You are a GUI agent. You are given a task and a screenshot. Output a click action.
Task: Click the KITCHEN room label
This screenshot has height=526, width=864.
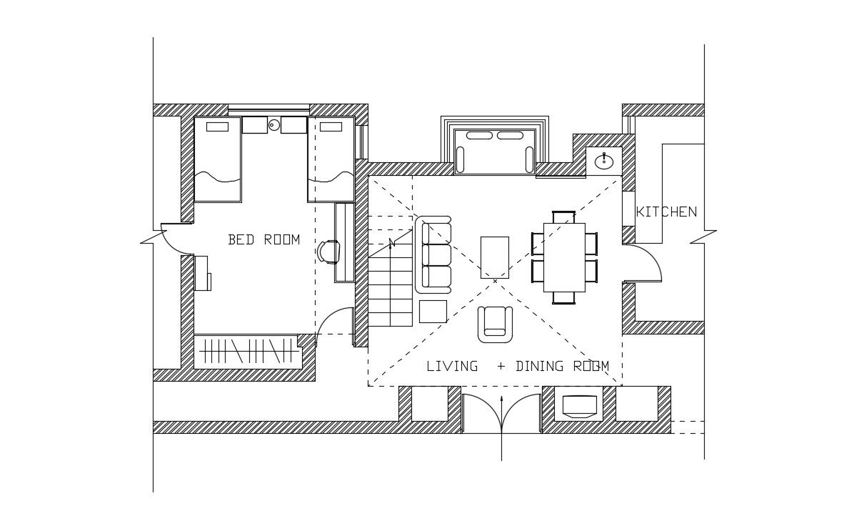tap(665, 212)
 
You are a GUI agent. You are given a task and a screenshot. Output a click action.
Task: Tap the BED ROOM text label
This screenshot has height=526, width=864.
tap(263, 240)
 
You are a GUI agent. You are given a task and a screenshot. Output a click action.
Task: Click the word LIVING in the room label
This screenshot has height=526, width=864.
tap(452, 367)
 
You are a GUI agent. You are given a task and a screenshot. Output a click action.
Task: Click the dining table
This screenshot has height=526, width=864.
tap(564, 257)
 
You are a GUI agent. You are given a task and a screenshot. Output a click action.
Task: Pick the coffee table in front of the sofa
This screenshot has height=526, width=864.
tap(494, 257)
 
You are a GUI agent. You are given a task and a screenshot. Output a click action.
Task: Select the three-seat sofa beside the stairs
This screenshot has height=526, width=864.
tap(434, 254)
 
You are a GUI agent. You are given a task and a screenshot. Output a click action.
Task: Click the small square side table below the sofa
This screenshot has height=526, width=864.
tap(433, 312)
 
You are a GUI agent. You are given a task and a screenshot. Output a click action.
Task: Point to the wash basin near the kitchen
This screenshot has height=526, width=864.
tap(603, 162)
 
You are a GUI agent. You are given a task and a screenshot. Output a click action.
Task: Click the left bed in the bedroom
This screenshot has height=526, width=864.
tap(217, 159)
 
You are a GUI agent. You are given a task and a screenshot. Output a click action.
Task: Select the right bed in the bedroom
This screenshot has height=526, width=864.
tap(331, 159)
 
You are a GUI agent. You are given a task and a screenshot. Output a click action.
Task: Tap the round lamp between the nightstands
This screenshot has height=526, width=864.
tap(273, 125)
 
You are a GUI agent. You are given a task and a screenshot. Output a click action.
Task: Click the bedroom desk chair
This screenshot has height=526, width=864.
tap(328, 252)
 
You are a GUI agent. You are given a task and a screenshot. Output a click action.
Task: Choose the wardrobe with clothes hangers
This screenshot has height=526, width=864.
tap(247, 351)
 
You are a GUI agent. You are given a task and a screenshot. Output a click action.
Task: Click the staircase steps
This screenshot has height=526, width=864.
tap(390, 286)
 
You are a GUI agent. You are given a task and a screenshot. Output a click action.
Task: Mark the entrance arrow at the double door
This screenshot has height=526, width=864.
tap(501, 429)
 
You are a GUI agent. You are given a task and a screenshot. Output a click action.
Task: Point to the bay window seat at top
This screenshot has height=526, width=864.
tap(495, 151)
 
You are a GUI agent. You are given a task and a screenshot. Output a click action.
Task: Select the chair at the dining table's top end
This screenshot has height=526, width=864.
tap(563, 217)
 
